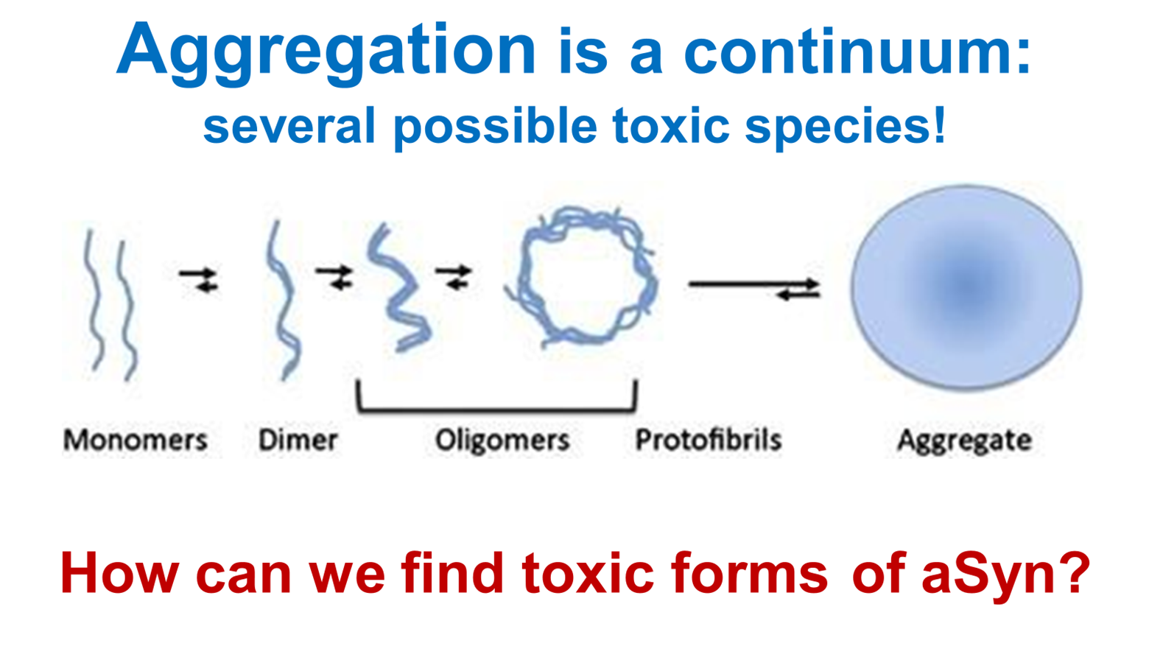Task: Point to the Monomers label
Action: click(135, 440)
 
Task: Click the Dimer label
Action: click(298, 440)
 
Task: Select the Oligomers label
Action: click(502, 440)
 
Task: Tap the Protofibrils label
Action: click(708, 440)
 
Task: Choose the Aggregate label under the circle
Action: click(963, 440)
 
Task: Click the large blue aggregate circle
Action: click(966, 287)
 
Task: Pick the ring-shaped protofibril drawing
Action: click(582, 276)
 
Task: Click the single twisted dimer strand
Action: click(283, 302)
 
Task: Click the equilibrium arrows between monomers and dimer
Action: click(199, 279)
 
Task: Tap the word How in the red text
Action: click(119, 573)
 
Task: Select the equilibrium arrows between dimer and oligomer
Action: click(335, 277)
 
